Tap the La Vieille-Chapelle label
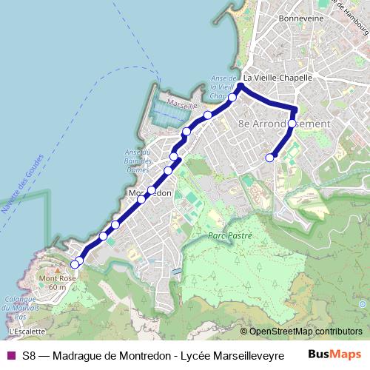(x=278, y=76)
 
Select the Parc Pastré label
(x=230, y=235)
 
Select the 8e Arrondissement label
(x=283, y=124)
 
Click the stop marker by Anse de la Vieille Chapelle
(x=232, y=98)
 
